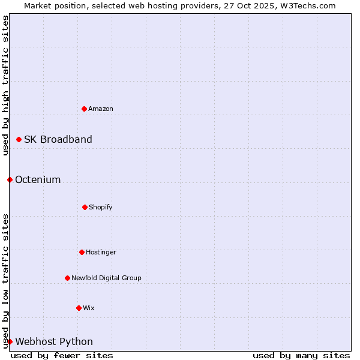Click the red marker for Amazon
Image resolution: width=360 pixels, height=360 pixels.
pos(84,109)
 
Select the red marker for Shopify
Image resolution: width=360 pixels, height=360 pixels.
pos(85,207)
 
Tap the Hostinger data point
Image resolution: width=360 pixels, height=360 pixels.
pos(82,252)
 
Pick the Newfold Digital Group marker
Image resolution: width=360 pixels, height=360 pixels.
pos(67,278)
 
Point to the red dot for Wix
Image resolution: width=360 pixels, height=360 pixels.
pos(79,308)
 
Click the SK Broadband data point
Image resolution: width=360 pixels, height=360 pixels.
pos(19,139)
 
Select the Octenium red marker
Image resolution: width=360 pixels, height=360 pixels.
pos(10,179)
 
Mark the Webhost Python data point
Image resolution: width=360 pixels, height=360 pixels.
pos(10,341)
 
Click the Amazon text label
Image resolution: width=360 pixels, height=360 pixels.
pos(101,109)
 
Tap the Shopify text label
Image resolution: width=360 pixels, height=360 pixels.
pos(101,207)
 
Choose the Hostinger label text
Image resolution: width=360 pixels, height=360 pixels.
pos(101,252)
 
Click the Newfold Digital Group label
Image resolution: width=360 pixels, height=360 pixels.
pos(106,278)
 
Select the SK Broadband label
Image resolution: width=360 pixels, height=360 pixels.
pos(58,139)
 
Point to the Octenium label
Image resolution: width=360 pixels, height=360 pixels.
pos(38,179)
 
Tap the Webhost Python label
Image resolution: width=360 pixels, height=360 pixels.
pos(54,341)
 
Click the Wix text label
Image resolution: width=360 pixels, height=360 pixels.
pos(89,308)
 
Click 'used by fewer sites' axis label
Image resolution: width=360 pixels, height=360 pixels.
pos(62,355)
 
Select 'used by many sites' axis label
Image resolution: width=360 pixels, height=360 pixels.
pos(301,355)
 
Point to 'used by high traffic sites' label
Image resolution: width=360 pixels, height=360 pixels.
pos(5,85)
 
